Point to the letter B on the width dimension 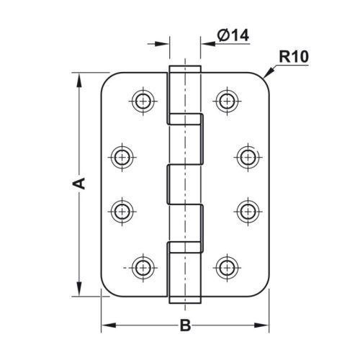pyautogui.click(x=185, y=326)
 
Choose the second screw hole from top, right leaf pyautogui.click(x=247, y=155)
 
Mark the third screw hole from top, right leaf pyautogui.click(x=247, y=210)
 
